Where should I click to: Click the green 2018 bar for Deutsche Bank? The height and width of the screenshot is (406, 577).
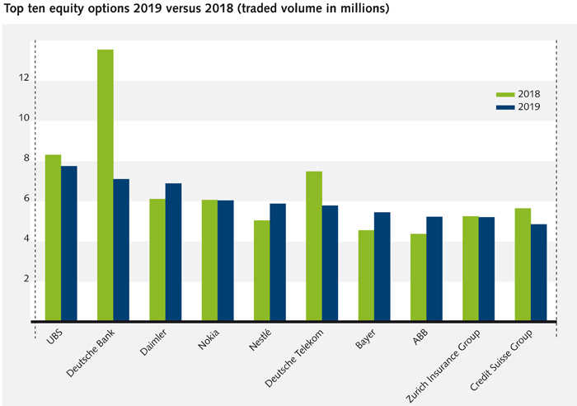coord(105,185)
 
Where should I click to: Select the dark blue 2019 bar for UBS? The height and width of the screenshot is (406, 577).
coord(68,243)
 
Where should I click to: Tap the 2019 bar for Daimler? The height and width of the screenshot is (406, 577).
coord(173,252)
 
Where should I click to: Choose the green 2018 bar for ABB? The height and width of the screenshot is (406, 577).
coord(418,277)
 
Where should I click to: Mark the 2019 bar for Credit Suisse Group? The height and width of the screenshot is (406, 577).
coord(538,272)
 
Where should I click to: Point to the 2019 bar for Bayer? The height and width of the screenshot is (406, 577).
coord(382,267)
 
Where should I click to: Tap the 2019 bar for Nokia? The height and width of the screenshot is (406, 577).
coord(225,261)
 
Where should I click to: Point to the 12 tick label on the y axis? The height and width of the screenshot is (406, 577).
coord(25,78)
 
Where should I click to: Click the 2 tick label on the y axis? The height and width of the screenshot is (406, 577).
coord(26,279)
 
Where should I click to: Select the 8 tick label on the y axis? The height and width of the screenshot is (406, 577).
coord(26,158)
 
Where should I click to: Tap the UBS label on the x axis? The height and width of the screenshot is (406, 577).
coord(54,338)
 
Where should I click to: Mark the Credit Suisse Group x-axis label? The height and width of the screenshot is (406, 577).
coord(505,359)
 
